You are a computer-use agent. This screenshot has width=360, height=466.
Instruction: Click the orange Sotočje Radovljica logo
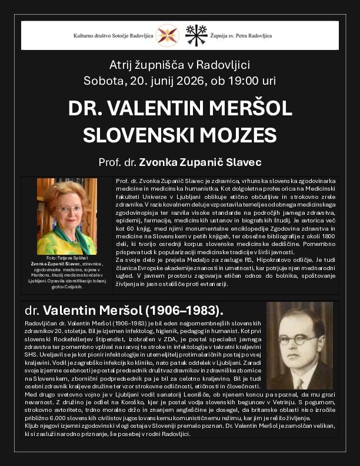(167, 35)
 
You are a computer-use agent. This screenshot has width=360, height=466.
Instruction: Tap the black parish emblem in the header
(196, 35)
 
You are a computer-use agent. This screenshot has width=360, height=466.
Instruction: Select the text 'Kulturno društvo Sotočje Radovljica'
(113, 35)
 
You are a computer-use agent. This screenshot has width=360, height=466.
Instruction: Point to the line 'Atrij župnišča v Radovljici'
(180, 65)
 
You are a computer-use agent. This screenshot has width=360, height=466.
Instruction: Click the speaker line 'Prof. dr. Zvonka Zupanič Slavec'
(180, 161)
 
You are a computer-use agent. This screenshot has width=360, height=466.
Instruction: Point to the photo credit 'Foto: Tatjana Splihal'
(67, 258)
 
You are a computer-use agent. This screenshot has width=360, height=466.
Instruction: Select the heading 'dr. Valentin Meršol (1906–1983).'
(124, 310)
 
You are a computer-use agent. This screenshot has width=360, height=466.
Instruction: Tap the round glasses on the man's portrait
(298, 339)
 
